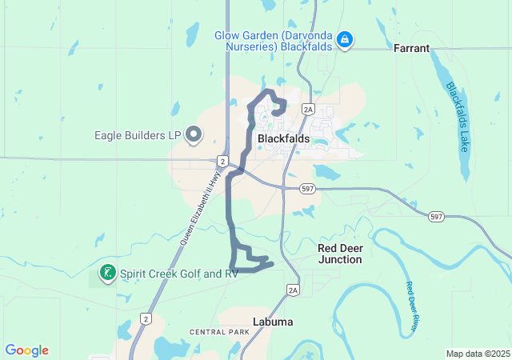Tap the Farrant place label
[x=412, y=49]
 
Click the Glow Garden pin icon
[x=345, y=39]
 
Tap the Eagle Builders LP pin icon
[x=194, y=135]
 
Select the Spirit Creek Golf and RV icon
[x=106, y=274]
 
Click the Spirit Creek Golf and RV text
[x=179, y=274]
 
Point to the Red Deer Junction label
[x=340, y=254]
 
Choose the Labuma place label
[x=272, y=322]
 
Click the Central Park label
[x=220, y=331]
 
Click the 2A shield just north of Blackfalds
[x=308, y=109]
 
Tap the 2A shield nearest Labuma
[x=293, y=290]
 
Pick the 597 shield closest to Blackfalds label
[x=308, y=189]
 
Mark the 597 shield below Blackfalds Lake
[x=436, y=217]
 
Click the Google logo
[x=26, y=350]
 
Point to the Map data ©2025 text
[x=477, y=354]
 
